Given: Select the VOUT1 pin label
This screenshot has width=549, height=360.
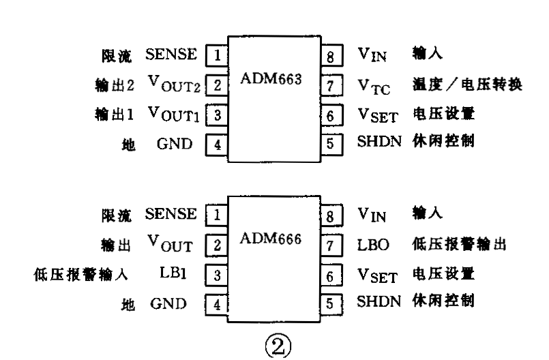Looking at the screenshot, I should point(175,114).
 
